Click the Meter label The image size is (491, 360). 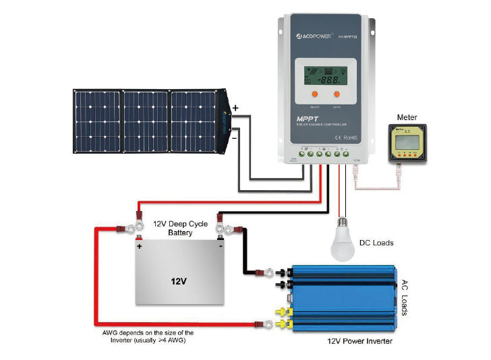pos(407,117)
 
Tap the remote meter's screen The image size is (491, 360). pos(408,143)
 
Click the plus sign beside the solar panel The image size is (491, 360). pos(235,108)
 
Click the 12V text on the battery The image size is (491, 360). pos(179,279)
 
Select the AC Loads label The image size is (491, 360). pos(406,297)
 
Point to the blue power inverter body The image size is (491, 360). pos(337,297)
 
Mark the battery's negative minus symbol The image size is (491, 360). pos(220,247)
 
